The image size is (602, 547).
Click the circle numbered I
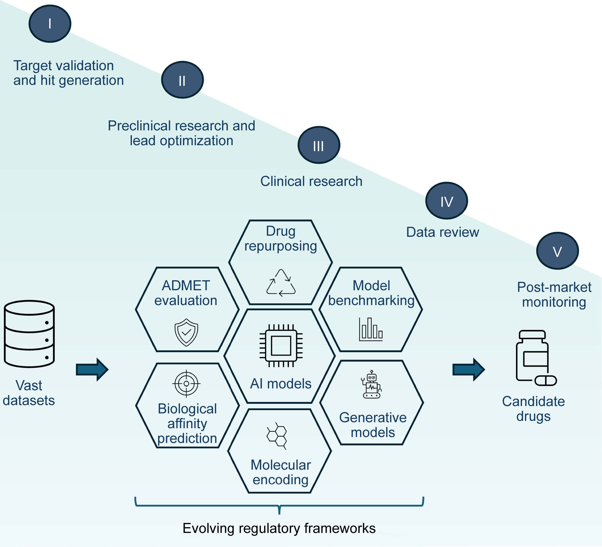coord(50,24)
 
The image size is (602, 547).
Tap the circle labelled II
coord(182,80)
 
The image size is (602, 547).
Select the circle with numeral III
coord(319,145)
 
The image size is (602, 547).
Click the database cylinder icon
coord(29,334)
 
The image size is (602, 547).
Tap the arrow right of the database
coord(92,370)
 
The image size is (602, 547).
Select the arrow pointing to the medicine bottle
coord(468,370)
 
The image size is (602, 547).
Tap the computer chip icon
coord(281,346)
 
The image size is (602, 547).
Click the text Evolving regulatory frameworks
coord(279,528)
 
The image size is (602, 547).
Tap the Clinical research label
coord(311,181)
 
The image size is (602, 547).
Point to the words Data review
coord(442,232)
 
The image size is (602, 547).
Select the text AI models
coord(281,384)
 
